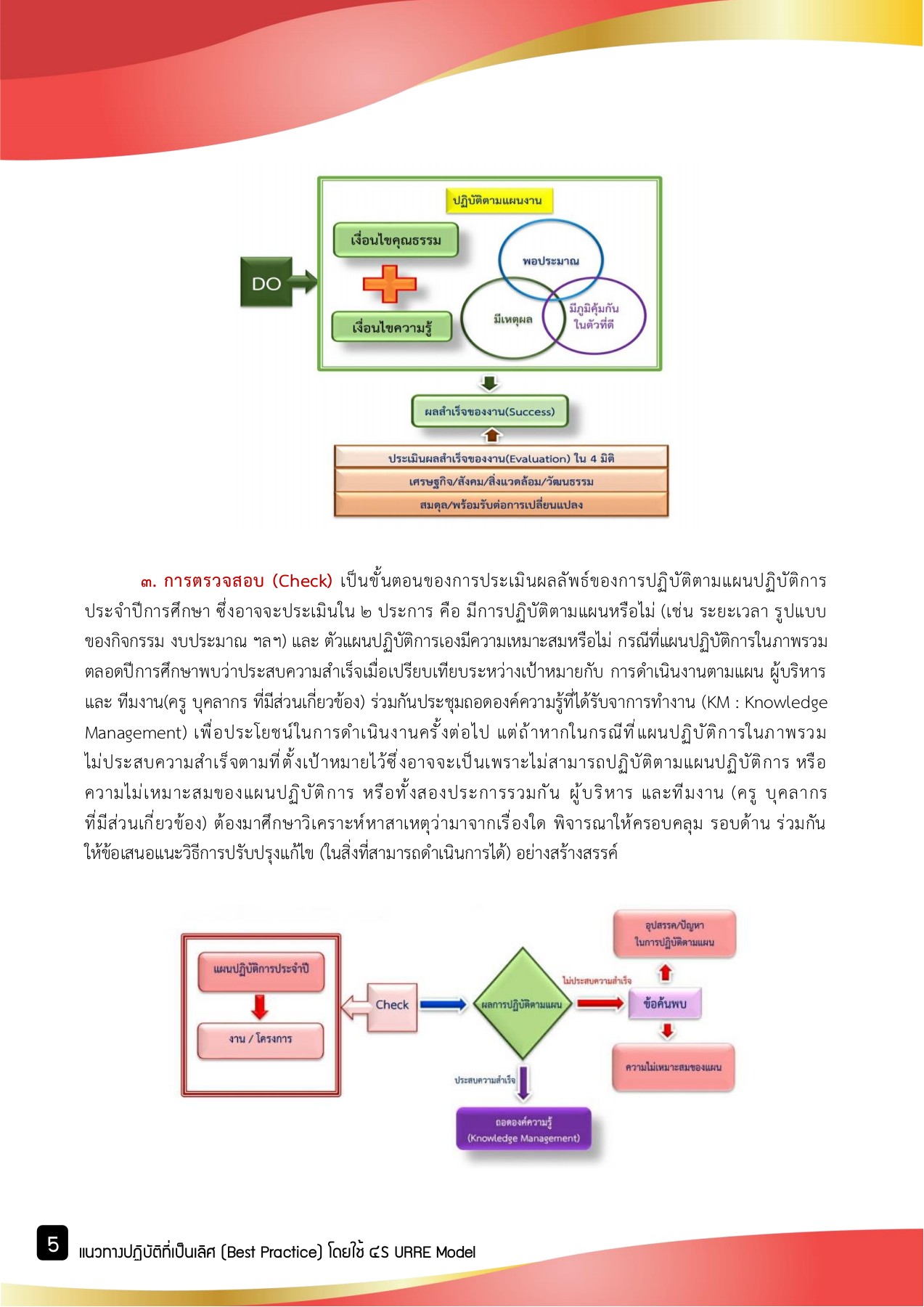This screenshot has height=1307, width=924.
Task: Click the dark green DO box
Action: coord(266,282)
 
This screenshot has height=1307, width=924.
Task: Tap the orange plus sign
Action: coord(390,283)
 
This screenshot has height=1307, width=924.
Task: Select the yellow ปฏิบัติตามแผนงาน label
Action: coord(497,200)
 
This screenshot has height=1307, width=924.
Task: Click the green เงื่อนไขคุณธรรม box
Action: coord(396,240)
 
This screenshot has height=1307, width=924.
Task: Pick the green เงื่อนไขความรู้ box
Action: coord(392,327)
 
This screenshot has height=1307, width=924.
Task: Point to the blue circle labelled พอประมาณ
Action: coord(550,247)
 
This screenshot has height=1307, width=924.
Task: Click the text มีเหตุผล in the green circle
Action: coord(512,319)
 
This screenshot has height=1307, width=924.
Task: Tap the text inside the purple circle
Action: coord(594,317)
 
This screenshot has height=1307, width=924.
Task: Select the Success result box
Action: coord(489,412)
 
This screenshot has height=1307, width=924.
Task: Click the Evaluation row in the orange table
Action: coord(501,458)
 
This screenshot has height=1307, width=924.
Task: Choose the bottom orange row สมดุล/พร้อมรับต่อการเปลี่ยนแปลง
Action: coord(501,505)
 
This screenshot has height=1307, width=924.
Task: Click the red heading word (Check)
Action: coord(302,581)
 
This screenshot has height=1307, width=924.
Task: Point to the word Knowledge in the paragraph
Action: coord(785,702)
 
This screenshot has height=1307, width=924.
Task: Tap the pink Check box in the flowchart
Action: coord(392,1006)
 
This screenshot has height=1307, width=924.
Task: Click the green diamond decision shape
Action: coord(522,1004)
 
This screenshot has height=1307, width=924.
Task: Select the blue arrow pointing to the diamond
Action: coord(443,1005)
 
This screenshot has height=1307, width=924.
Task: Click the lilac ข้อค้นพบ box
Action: coord(665,1004)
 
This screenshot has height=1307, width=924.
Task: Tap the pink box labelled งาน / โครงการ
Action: coord(261,1040)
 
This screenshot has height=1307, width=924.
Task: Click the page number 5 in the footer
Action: coord(53,1245)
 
